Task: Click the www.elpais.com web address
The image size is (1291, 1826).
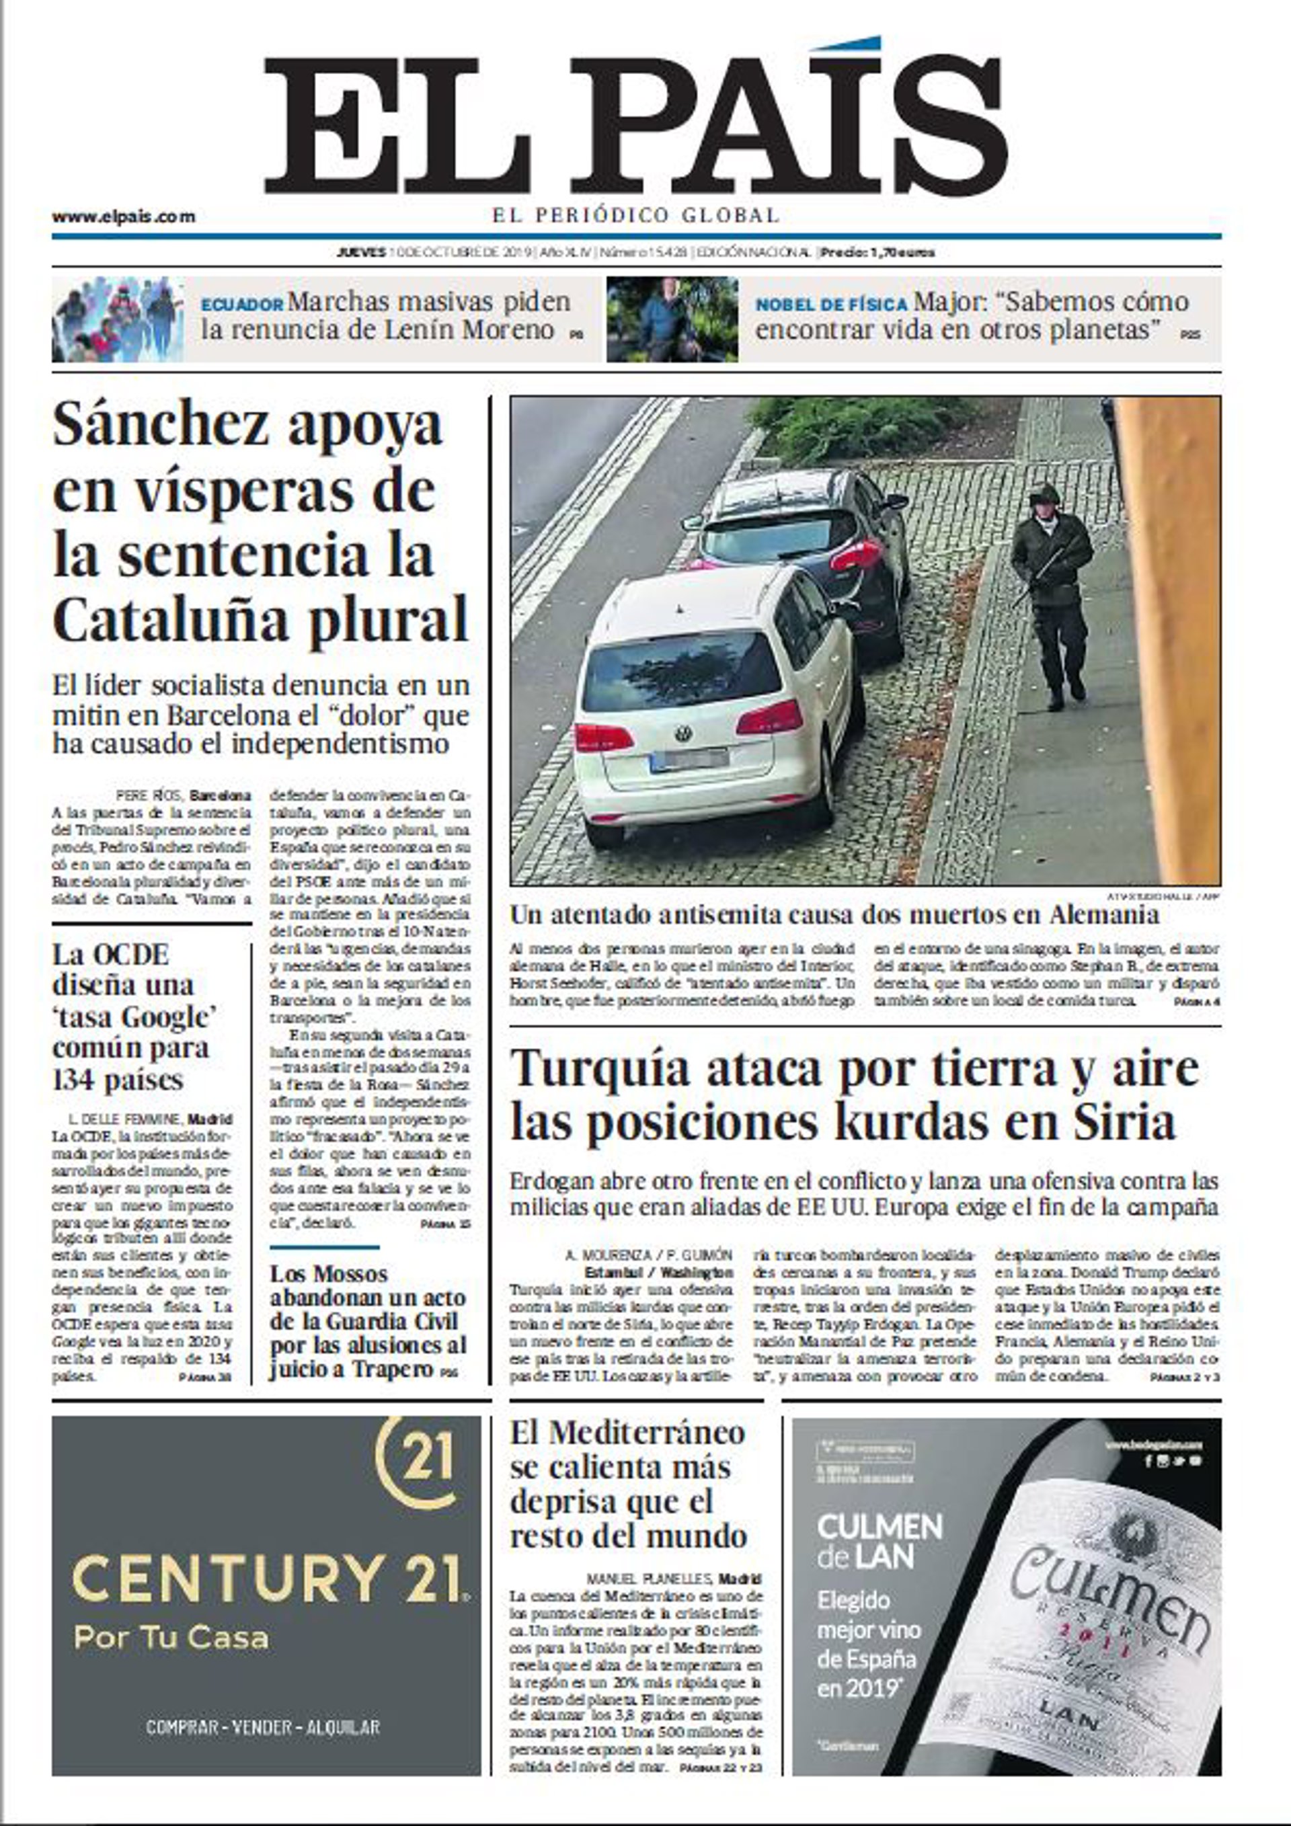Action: (123, 216)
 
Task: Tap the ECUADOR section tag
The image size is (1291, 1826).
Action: (242, 305)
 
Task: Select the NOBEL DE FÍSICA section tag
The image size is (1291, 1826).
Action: (831, 305)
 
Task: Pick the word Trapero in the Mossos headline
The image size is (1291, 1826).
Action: (393, 1369)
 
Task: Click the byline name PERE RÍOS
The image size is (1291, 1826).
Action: (151, 795)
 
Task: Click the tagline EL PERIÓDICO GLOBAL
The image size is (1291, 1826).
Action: (635, 214)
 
